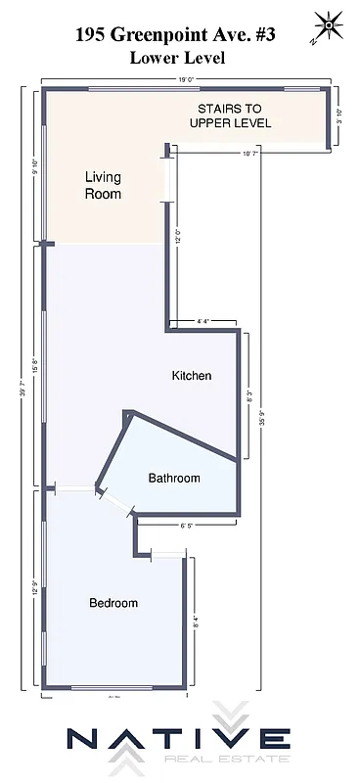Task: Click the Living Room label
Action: coord(103,185)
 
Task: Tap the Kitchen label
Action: coord(192,376)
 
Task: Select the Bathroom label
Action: coord(174,479)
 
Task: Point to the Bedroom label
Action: coord(113,603)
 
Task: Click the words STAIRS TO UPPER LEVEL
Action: coord(234,116)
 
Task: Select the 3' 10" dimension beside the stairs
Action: coord(340,116)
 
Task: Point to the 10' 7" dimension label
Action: coord(252,154)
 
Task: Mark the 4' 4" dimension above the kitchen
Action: coord(203,321)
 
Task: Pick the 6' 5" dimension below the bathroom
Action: coord(189,526)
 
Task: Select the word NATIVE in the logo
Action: coord(178,739)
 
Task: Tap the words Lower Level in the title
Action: coord(178,58)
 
